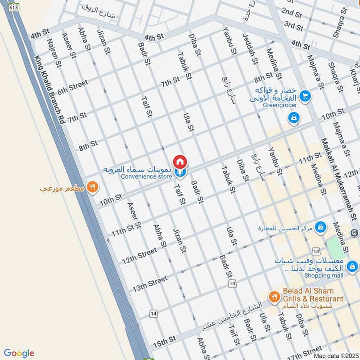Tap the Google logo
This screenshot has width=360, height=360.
19,353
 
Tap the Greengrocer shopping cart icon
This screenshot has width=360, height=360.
306,96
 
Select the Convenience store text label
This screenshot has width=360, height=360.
146,177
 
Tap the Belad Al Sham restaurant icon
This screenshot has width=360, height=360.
273,297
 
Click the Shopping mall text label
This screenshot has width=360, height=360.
324,275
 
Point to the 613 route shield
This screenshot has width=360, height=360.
14,7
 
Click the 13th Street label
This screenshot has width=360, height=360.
149,283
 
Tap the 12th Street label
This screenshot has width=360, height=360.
139,256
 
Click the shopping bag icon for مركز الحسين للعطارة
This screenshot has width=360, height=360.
321,227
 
